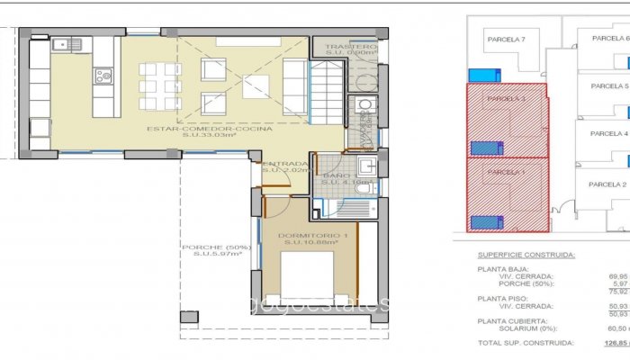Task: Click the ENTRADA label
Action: coord(284,163)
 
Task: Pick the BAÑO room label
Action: coord(336,175)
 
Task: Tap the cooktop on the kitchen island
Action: coord(103,76)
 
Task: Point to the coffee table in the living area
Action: coord(256,85)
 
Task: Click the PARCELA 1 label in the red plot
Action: coord(505,171)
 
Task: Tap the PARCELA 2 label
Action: coord(607,184)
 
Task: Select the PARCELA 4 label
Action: coord(608,133)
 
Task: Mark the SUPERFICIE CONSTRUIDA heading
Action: coord(526,256)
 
